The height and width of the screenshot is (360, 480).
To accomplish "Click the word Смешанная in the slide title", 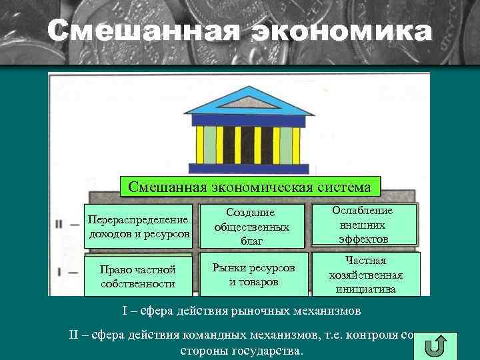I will [x=143, y=31].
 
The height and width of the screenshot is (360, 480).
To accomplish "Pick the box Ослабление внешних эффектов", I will [x=365, y=225].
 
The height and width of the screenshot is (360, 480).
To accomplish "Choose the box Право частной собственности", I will [x=138, y=277].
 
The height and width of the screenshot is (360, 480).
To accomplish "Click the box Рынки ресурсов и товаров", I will [x=253, y=274].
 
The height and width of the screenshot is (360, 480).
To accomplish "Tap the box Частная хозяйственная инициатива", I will [x=365, y=275].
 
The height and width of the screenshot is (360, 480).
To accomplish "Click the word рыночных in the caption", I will [x=255, y=311].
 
